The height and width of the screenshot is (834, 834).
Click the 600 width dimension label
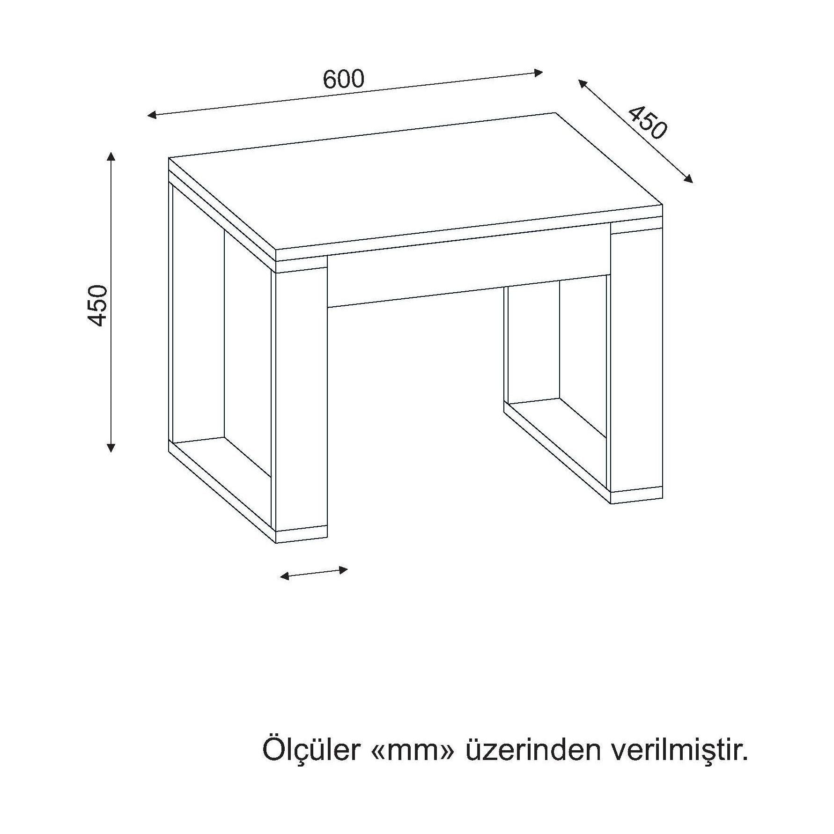coord(343,79)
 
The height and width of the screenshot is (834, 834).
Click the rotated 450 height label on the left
coord(99,305)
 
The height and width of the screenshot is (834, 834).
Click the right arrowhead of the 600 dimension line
coord(539,72)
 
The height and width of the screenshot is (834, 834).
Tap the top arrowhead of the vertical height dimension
coord(111,157)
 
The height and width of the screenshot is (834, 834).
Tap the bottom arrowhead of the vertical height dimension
coord(111,447)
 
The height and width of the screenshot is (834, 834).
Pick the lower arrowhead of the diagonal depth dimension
coord(688,178)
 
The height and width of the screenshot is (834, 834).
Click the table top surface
coord(415,182)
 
